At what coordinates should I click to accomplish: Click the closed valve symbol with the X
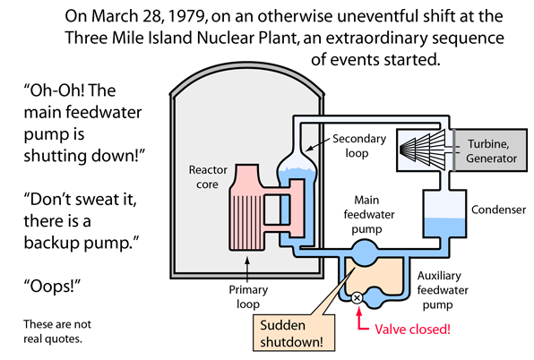click(x=357, y=298)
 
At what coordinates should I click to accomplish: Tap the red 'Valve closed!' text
click(x=412, y=330)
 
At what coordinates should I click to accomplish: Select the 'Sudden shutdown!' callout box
click(x=294, y=333)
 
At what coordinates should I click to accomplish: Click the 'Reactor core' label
click(x=208, y=177)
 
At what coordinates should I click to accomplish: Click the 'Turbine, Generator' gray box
click(x=491, y=150)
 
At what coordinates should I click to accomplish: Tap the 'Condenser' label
click(x=498, y=210)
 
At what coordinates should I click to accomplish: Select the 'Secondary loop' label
click(x=358, y=146)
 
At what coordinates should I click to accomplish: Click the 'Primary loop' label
click(x=248, y=296)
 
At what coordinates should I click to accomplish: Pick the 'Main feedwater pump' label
click(x=368, y=214)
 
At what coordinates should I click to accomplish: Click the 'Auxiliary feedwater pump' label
click(x=442, y=290)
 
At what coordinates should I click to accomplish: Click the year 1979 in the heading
click(x=186, y=16)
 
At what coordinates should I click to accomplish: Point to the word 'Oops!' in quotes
click(x=52, y=286)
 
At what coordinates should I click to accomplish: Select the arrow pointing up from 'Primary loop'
click(x=247, y=270)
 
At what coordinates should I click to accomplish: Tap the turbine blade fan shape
click(x=422, y=149)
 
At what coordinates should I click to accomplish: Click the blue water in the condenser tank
click(x=444, y=227)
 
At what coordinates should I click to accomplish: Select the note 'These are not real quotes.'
click(x=57, y=331)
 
